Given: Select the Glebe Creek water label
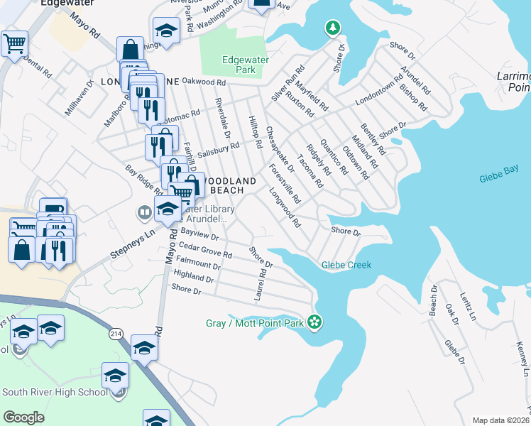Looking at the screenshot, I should pos(346,265).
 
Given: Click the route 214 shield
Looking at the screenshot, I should pos(115,332).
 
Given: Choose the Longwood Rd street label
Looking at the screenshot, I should pos(285,207).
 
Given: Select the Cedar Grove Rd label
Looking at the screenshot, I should pos(205,249).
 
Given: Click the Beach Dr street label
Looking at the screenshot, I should pos(433,301).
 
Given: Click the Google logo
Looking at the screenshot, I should pos(23,417).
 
